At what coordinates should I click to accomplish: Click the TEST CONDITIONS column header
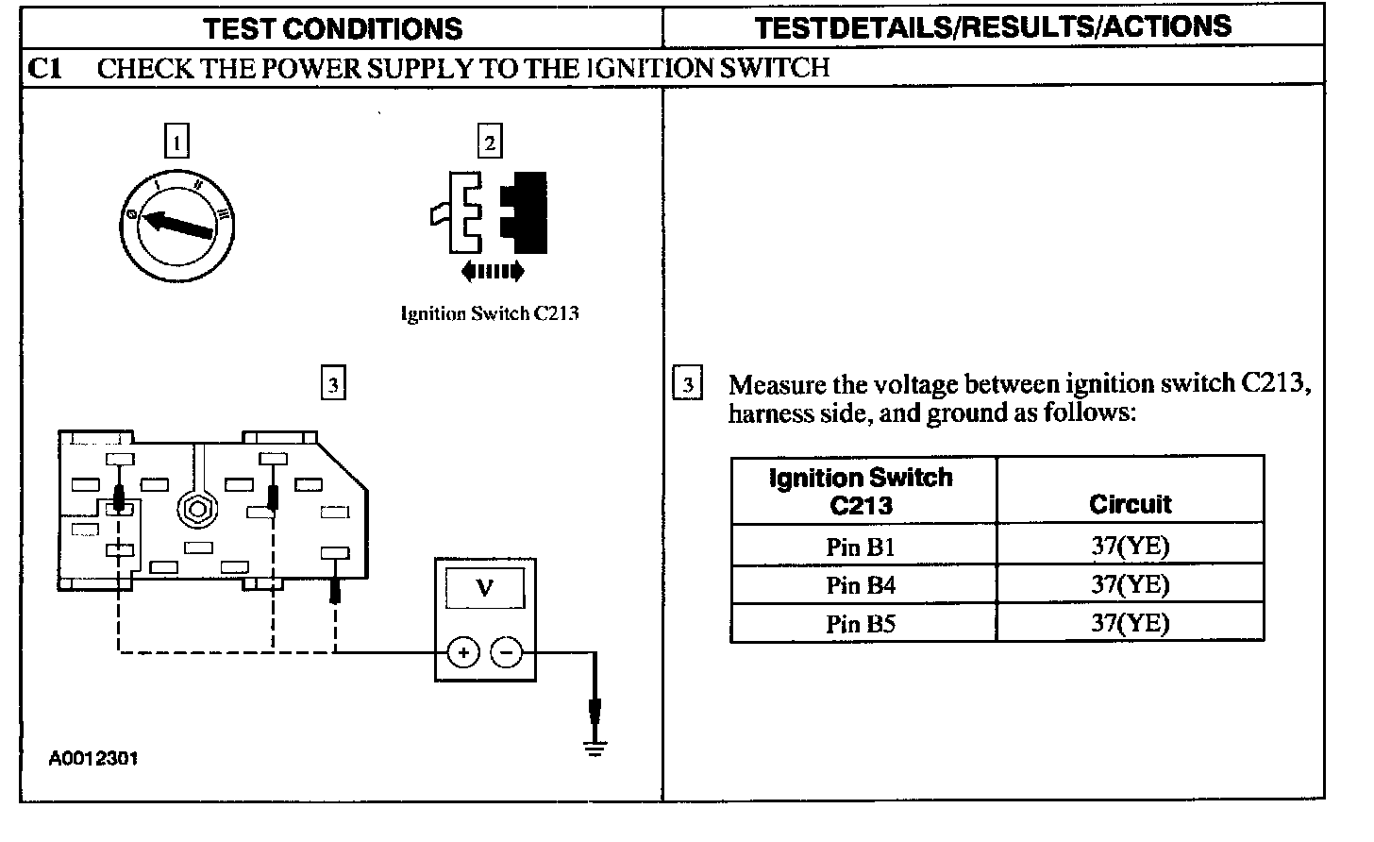click(333, 28)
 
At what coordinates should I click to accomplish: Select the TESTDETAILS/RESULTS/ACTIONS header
click(993, 26)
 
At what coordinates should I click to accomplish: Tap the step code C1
click(45, 68)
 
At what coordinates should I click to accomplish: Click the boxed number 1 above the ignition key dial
click(176, 141)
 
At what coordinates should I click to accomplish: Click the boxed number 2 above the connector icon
click(489, 141)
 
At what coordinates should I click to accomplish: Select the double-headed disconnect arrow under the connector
click(492, 273)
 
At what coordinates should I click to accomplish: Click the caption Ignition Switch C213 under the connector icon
click(489, 314)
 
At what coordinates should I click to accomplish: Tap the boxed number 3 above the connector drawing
click(332, 384)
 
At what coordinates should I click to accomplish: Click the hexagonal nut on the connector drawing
click(198, 510)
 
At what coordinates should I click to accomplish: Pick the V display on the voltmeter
click(485, 589)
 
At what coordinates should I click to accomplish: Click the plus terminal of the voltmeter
click(462, 652)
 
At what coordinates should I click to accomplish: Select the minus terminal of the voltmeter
click(507, 652)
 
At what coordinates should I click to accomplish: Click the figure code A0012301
click(94, 758)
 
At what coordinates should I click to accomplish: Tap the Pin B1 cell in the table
click(861, 547)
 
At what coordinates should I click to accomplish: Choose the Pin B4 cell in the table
click(861, 585)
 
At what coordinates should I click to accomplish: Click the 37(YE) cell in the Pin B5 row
click(1130, 623)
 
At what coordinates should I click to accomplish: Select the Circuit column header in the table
click(1130, 504)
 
